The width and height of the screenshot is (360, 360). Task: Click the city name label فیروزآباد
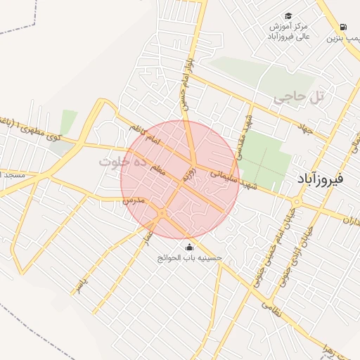320,179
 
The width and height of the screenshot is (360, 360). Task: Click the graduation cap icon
288,15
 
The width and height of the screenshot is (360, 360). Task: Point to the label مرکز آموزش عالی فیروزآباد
288,30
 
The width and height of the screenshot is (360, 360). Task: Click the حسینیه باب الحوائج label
189,258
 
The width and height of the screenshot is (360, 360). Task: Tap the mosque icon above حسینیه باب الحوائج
188,247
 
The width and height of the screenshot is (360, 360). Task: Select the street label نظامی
271,309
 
